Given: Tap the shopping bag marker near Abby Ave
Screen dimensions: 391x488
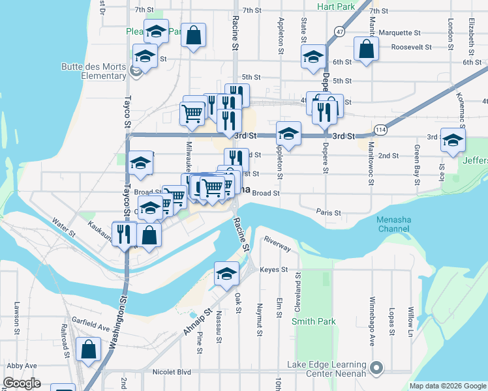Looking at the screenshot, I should [88, 349].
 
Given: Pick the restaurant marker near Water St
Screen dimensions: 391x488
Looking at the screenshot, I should [124, 233].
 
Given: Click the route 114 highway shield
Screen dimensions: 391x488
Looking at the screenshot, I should [379, 130].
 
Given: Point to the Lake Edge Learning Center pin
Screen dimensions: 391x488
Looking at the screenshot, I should [376, 368].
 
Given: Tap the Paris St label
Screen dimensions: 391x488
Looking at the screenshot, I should [329, 212].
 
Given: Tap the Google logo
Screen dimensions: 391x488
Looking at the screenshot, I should [22, 383].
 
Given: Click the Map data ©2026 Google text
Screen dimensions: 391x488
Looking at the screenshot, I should [447, 386].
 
